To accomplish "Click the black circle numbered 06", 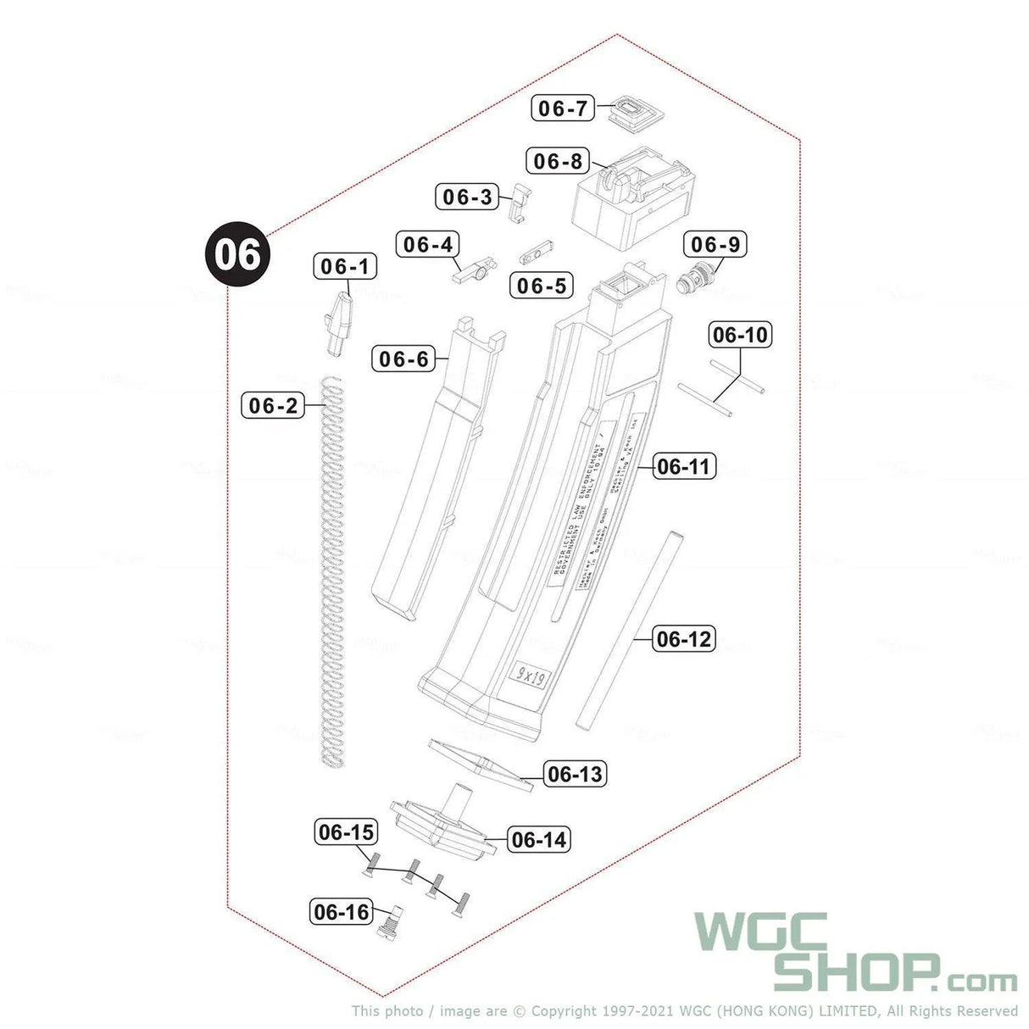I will (236, 254).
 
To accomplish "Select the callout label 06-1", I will (346, 266).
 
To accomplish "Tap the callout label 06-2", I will (274, 405).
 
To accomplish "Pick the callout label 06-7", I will (563, 108).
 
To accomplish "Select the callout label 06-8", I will (559, 160).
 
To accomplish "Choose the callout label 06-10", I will (740, 335).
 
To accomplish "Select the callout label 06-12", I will (684, 638).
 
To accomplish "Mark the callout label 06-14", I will (539, 839).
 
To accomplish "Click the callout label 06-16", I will (342, 912).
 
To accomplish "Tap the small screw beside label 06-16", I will (389, 921).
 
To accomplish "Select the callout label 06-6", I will (403, 359).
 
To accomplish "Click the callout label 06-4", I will (428, 244).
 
